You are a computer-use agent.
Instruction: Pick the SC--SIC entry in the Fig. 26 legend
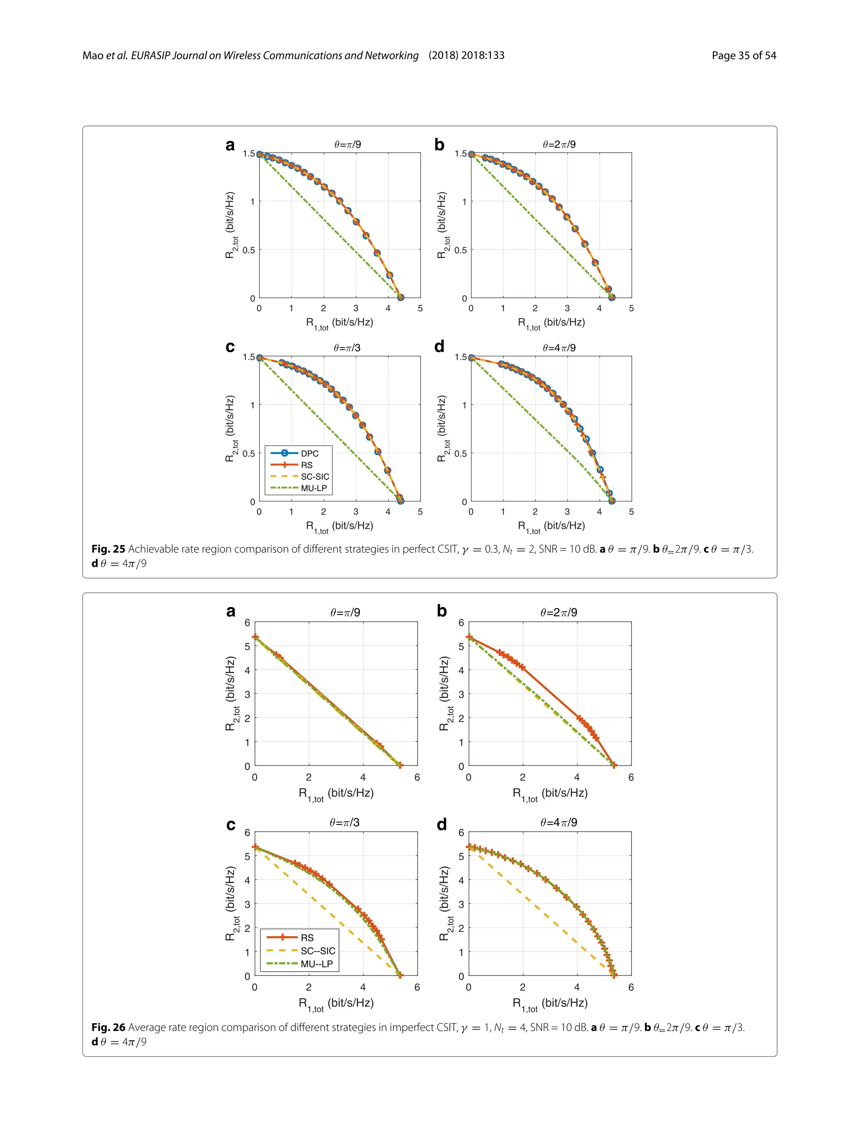coord(317,950)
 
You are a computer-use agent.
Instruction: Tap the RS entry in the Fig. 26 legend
coord(307,938)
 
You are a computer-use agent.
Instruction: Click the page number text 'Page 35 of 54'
coord(743,56)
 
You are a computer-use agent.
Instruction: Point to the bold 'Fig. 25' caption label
coord(108,549)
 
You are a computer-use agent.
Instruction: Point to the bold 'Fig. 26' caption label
coord(108,1027)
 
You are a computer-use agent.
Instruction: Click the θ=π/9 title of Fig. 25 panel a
coord(347,145)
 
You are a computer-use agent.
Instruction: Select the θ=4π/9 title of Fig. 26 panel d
coord(558,822)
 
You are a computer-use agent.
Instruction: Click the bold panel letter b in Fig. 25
coord(439,145)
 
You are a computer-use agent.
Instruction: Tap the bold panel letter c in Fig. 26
coord(231,824)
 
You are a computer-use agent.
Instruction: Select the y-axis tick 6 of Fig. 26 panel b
coord(461,622)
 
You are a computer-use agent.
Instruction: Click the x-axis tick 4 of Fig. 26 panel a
coord(363,778)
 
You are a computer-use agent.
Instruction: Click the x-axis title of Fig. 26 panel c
coord(336,1003)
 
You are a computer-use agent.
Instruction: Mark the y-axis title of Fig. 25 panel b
coord(442,225)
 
